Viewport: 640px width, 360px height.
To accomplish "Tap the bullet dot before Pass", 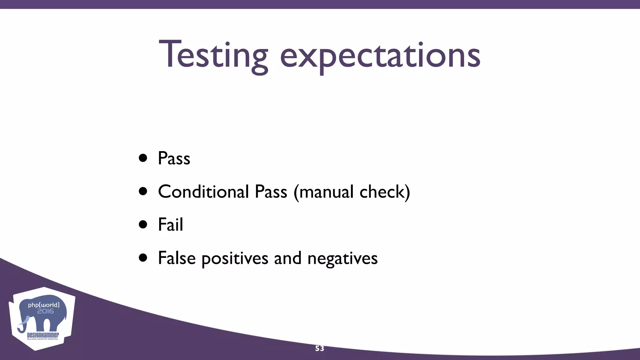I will coord(143,158).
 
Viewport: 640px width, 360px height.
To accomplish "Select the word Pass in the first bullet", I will coord(174,158).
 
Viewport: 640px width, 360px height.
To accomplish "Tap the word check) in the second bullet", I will coord(385,192).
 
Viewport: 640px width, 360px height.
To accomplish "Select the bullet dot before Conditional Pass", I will coord(143,191).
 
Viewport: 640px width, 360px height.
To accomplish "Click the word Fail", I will coord(171,224).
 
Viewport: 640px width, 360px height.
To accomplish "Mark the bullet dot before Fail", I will coord(143,224).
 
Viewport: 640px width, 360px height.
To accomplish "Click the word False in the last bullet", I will coord(177,258).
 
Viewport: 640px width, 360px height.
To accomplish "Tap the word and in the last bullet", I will coord(287,258).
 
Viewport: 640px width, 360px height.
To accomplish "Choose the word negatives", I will coord(342,259).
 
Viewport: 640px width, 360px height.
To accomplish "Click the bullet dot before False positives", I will coord(143,258).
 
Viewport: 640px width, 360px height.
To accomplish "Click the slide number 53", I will coord(319,348).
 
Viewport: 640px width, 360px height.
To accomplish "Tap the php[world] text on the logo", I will coord(44,305).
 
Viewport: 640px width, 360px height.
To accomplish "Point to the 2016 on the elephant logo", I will coord(46,311).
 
